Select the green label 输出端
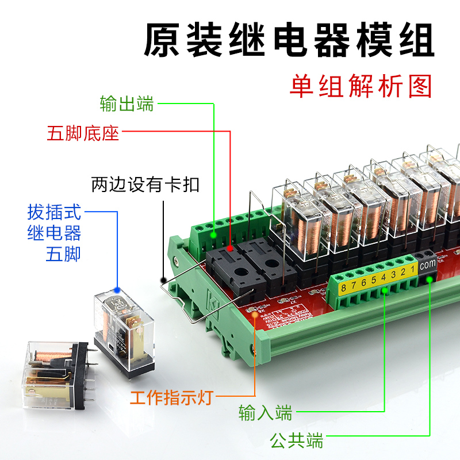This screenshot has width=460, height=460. [x=126, y=104]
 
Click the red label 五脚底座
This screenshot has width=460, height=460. [x=83, y=133]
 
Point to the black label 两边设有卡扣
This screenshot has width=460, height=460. [x=145, y=185]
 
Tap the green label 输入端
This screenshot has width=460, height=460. [x=266, y=413]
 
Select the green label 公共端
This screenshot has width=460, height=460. [x=297, y=441]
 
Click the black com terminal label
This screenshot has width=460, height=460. [x=427, y=266]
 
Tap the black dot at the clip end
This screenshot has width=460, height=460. [x=163, y=279]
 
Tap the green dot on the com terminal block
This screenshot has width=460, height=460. [x=430, y=280]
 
